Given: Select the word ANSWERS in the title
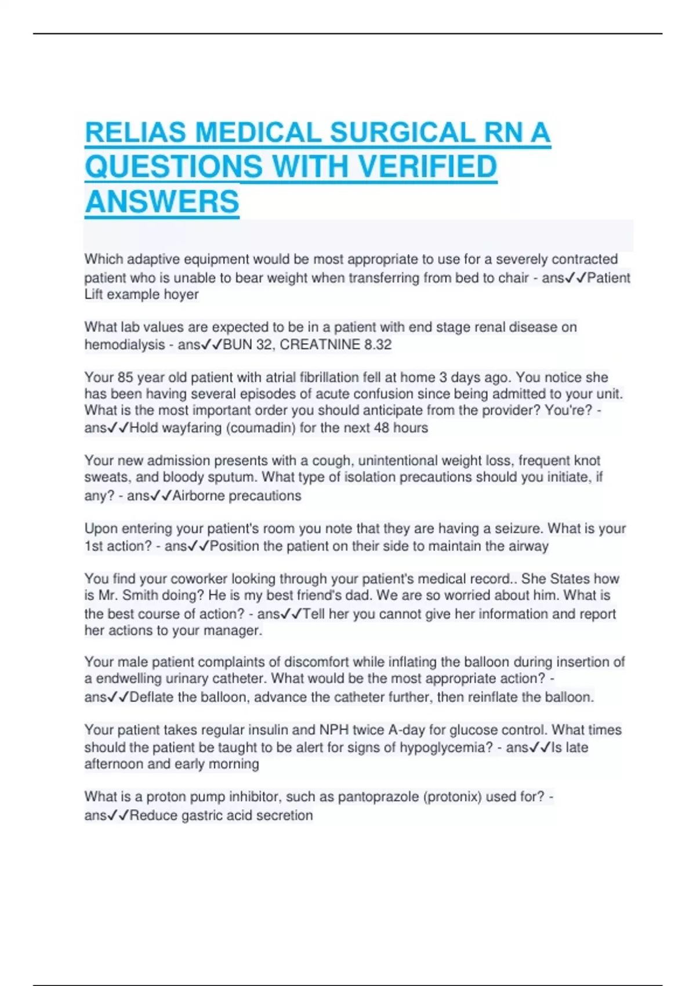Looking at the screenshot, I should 162,202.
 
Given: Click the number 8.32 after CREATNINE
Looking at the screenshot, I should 378,345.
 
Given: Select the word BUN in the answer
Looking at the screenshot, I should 235,345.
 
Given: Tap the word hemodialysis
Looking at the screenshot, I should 125,345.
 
